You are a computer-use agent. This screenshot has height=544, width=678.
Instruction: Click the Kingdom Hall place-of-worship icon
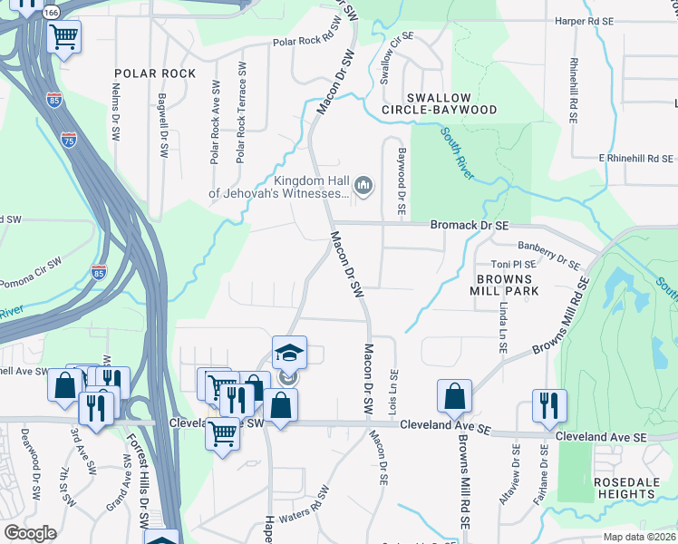pyautogui.click(x=363, y=187)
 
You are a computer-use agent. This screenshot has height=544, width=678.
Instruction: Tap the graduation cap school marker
pyautogui.click(x=289, y=352)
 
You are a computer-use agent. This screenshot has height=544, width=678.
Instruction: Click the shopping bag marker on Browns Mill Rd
pyautogui.click(x=454, y=395)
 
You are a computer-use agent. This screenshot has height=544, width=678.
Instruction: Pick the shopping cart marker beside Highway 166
pyautogui.click(x=63, y=37)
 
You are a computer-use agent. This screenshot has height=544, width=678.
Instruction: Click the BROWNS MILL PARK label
pyautogui.click(x=505, y=285)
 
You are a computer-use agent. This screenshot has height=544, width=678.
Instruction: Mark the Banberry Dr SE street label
pyautogui.click(x=547, y=253)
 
